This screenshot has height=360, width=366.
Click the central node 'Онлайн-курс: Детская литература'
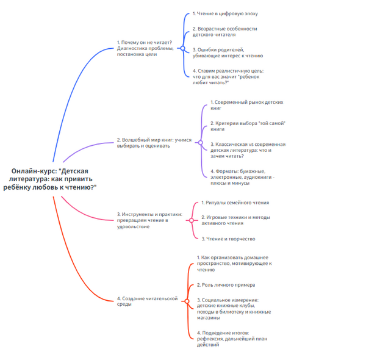click(54, 179)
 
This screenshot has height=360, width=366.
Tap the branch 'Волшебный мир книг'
click(154, 143)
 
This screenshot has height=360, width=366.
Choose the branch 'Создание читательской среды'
click(146, 301)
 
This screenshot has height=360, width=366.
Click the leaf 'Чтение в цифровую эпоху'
click(221, 13)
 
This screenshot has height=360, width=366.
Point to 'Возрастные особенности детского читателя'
click(224, 32)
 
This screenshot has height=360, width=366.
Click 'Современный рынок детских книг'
click(247, 105)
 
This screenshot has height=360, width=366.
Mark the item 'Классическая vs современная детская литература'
click(247, 149)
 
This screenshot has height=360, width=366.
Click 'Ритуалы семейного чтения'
click(235, 202)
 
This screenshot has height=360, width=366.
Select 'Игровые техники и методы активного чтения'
click(235, 220)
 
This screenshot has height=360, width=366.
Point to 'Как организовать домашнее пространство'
click(234, 263)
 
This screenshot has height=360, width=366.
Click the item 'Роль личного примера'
click(226, 285)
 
